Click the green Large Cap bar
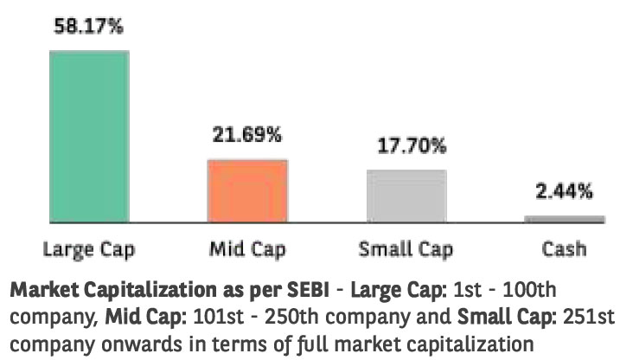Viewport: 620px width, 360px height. (88, 135)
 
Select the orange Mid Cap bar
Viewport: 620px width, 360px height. (247, 190)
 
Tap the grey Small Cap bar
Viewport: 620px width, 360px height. (406, 196)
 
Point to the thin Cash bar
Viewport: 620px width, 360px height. (564, 218)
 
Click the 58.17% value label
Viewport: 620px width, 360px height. (88, 27)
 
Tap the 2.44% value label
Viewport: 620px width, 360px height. (564, 190)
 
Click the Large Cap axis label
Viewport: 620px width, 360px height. (88, 250)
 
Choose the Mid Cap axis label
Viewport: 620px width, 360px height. (247, 250)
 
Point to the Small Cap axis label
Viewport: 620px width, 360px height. (406, 250)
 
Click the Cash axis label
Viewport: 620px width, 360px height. (564, 250)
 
